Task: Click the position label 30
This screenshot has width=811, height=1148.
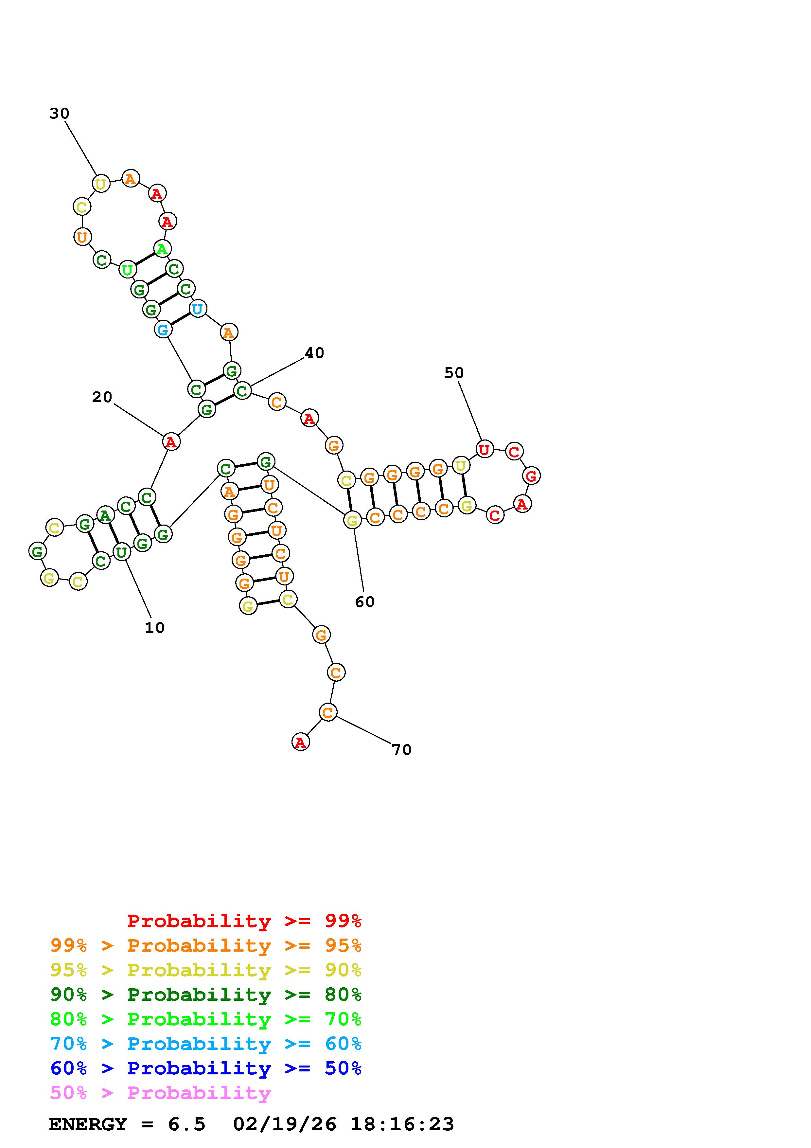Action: (x=59, y=114)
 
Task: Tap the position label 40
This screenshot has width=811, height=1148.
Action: (x=314, y=353)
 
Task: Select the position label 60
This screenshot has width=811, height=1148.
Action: (x=365, y=602)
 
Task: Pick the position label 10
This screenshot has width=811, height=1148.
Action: (x=154, y=628)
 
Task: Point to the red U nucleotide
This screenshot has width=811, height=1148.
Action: (x=484, y=450)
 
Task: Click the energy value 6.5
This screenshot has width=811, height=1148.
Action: (x=187, y=1124)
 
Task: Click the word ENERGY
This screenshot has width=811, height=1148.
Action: (x=88, y=1124)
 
